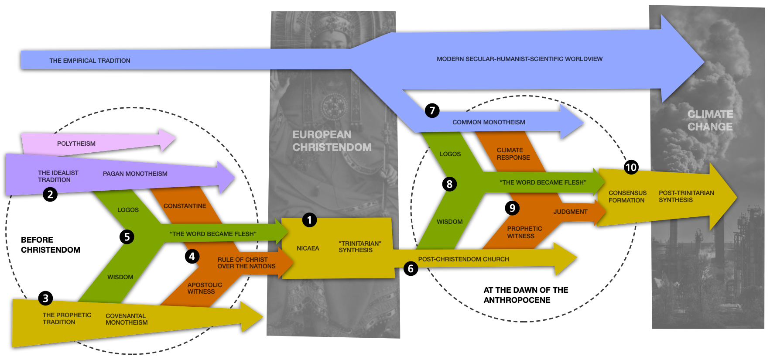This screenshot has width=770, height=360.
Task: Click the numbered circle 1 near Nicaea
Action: (x=309, y=220)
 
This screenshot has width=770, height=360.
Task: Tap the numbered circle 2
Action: (x=50, y=194)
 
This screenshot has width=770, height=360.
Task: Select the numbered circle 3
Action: (x=45, y=298)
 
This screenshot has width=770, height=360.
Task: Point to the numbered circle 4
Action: (x=192, y=257)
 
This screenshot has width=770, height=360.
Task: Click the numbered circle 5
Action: (x=127, y=237)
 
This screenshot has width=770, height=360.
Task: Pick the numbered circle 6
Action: (x=411, y=268)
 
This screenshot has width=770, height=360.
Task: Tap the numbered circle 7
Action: (x=432, y=111)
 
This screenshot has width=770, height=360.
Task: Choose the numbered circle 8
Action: (x=449, y=184)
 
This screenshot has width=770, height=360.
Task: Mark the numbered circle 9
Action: (x=513, y=208)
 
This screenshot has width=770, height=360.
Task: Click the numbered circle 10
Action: (x=631, y=168)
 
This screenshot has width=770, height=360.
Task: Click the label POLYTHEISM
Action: (x=76, y=144)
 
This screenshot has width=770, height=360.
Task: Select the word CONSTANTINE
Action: (x=185, y=206)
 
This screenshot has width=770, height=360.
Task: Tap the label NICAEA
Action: (x=308, y=248)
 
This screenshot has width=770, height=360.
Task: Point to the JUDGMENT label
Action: (x=570, y=212)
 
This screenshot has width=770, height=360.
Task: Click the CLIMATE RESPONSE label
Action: (x=513, y=154)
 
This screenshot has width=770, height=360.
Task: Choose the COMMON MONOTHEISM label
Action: (x=489, y=122)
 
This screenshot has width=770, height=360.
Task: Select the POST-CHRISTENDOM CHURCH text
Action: (x=463, y=259)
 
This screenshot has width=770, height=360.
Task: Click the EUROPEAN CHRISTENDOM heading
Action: (x=332, y=141)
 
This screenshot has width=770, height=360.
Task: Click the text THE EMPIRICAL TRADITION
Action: (x=90, y=61)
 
